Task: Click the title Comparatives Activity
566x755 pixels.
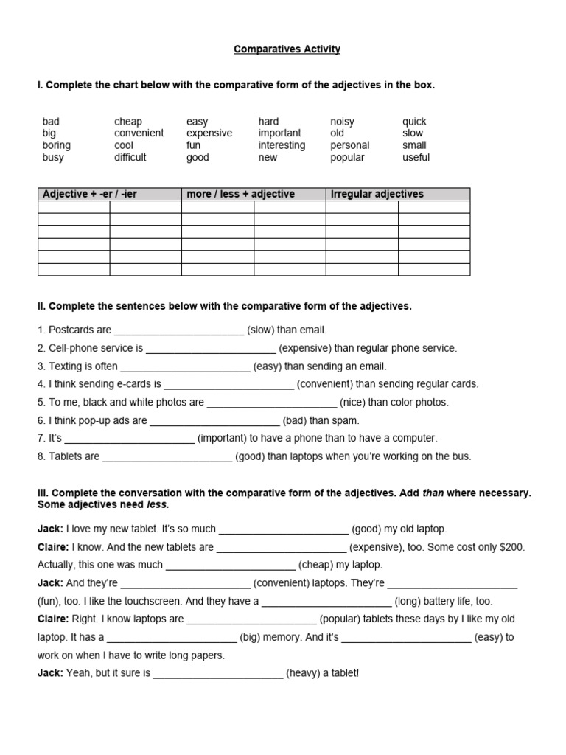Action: tap(287, 49)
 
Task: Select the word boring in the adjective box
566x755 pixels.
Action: tap(57, 145)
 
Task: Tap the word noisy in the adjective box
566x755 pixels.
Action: tap(342, 121)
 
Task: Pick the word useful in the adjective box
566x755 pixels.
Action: tap(416, 157)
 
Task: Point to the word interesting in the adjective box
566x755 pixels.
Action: tap(282, 145)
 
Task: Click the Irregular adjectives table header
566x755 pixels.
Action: tap(377, 194)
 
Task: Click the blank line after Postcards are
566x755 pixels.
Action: tap(179, 330)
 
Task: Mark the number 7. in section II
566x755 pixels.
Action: tap(41, 438)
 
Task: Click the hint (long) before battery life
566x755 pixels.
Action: tap(407, 601)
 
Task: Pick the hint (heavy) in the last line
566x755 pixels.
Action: tap(304, 673)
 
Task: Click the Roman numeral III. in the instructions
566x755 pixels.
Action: tap(43, 493)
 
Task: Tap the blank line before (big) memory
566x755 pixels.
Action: tap(172, 638)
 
